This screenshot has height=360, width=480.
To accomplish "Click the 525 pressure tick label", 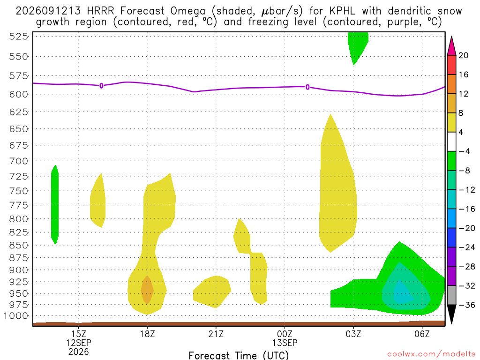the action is click(x=19, y=37).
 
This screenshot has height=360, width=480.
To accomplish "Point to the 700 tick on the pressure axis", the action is click(x=19, y=161).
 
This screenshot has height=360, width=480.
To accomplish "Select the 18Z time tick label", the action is click(x=148, y=334).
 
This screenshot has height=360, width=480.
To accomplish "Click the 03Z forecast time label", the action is click(x=353, y=334).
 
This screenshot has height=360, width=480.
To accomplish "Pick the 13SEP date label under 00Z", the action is click(x=285, y=343).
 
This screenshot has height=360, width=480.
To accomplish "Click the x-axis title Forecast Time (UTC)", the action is click(x=239, y=355).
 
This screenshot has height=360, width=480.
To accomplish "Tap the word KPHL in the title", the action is click(x=343, y=11).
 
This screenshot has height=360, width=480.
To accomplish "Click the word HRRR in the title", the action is click(x=100, y=11).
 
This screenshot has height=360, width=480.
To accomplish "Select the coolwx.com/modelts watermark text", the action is click(x=431, y=354).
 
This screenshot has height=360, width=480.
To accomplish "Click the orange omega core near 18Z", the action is click(x=147, y=290).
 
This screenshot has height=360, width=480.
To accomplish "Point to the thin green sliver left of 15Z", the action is click(x=55, y=204).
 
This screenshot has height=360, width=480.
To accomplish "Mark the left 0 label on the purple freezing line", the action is click(x=101, y=86).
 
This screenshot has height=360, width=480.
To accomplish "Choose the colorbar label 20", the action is click(x=463, y=55).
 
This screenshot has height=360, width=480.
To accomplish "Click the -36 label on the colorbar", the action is click(x=466, y=305).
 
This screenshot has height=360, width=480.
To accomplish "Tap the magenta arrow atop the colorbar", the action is click(x=451, y=46).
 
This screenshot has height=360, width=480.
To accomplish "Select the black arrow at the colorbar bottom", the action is click(x=451, y=314).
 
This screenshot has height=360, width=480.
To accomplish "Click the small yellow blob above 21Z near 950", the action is click(x=212, y=292).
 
